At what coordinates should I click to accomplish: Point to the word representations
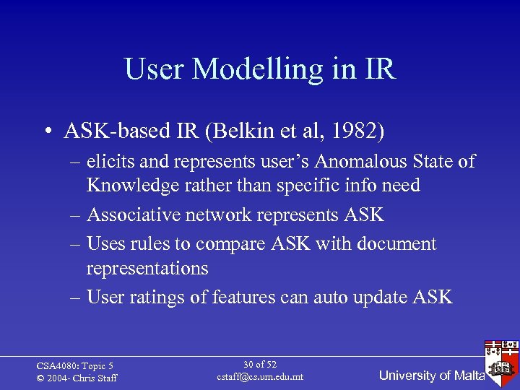(x=147, y=268)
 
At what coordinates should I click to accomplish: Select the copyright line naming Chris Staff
(x=77, y=378)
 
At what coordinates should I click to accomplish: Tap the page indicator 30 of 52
(x=260, y=365)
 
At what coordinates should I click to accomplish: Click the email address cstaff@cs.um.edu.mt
(x=260, y=378)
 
